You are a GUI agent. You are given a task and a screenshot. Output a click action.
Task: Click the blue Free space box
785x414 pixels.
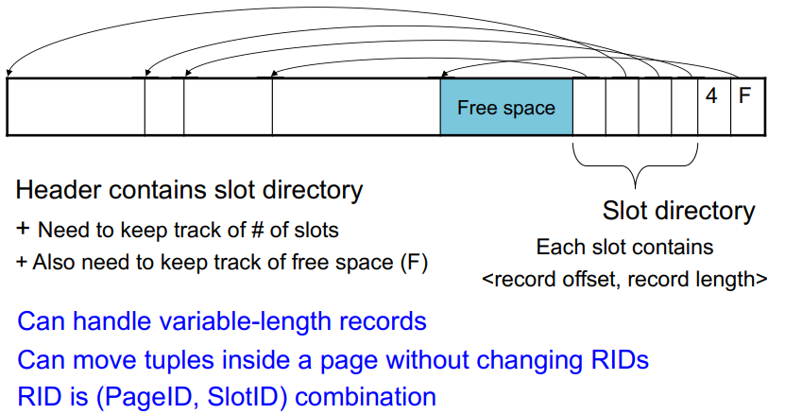[506, 108]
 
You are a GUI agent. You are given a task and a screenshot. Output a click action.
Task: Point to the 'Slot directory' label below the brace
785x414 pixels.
[678, 211]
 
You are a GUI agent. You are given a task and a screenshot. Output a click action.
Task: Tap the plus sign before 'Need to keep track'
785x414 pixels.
[22, 230]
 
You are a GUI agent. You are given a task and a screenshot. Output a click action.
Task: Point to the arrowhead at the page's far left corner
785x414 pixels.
[9, 75]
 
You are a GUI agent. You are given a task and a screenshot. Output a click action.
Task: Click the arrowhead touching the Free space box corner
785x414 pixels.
[443, 76]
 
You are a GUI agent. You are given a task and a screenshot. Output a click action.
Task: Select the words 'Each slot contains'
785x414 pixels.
[624, 248]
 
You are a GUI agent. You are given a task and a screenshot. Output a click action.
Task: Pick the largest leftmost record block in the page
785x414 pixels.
[76, 107]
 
